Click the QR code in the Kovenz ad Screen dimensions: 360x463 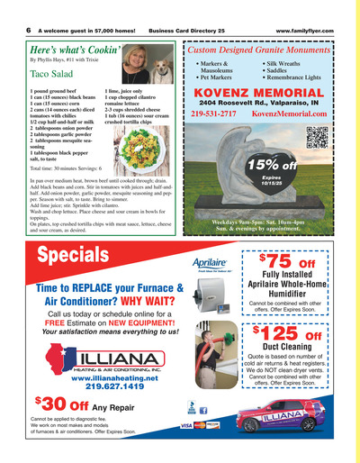click(x=317, y=137)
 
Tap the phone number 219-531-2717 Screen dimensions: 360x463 click(x=213, y=114)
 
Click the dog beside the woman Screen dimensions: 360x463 click(x=162, y=68)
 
